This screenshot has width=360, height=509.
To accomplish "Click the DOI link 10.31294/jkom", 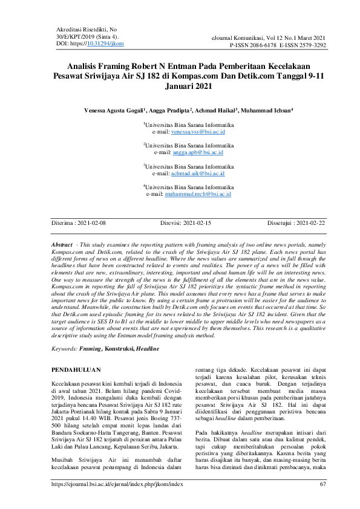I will coord(106,44).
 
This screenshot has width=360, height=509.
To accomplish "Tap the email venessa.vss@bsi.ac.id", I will coord(198,131).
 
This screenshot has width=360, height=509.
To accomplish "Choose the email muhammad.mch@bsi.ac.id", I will coord(198,195).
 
